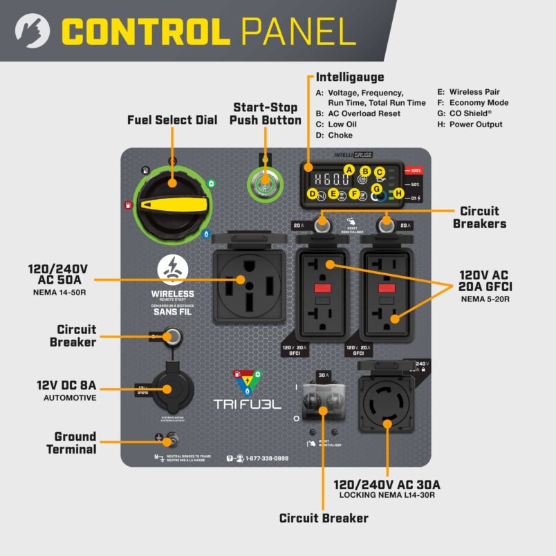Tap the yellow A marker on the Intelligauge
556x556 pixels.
[349, 170]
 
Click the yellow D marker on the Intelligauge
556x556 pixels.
[313, 194]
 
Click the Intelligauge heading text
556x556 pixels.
[349, 77]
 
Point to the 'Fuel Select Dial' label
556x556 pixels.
[172, 120]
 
